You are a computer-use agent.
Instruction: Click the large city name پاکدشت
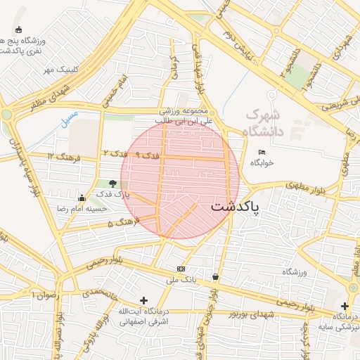pyautogui.click(x=235, y=207)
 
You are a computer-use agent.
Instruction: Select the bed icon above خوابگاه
pyautogui.click(x=262, y=153)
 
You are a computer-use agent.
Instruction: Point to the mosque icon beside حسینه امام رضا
pyautogui.click(x=82, y=198)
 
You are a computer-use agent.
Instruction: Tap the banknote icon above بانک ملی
pyautogui.click(x=181, y=269)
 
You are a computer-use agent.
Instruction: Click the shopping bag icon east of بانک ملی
pyautogui.click(x=215, y=277)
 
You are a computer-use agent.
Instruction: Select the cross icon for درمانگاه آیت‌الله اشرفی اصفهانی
pyautogui.click(x=144, y=300)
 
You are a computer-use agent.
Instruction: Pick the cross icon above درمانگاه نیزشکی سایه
pyautogui.click(x=345, y=306)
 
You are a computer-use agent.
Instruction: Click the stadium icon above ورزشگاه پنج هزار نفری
pyautogui.click(x=18, y=30)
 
